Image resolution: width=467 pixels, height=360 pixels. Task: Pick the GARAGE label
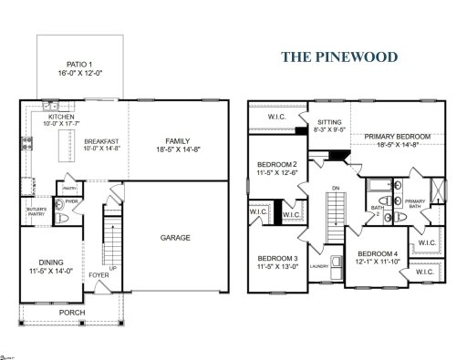point(175,237)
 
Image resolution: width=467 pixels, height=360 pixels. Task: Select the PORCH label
point(71,312)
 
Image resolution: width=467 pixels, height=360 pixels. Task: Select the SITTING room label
point(328,121)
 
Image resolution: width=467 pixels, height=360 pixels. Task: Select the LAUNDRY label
point(319,266)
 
